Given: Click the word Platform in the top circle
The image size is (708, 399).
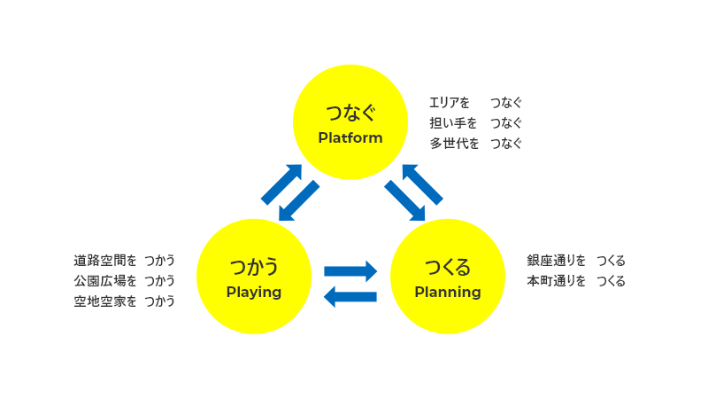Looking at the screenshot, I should point(350,138).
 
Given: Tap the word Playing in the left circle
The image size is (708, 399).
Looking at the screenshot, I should point(254,292).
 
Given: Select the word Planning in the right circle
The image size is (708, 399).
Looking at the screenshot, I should point(448,292).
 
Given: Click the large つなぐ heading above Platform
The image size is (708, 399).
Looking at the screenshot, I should point(350,113).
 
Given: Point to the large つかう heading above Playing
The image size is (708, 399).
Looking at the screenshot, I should point(254,266).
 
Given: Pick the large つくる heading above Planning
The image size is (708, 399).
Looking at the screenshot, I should point(448,266).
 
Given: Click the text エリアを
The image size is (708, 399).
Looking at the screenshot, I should point(450,103).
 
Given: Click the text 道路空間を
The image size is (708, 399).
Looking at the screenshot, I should point(105,261).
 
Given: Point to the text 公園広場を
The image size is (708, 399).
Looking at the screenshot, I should point(105,281).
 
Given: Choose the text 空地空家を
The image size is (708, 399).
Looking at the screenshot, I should point(105,301).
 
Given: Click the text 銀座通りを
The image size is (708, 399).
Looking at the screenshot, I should point(557,261).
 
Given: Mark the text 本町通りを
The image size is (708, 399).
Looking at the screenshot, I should point(557,281).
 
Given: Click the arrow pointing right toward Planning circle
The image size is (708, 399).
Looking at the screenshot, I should point(351,270).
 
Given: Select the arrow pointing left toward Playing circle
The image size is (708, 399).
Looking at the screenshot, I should point(350,296).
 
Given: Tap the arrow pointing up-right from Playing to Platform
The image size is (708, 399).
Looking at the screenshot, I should point(281,184).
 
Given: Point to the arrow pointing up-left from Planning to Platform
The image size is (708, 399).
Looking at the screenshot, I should point(422,184).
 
